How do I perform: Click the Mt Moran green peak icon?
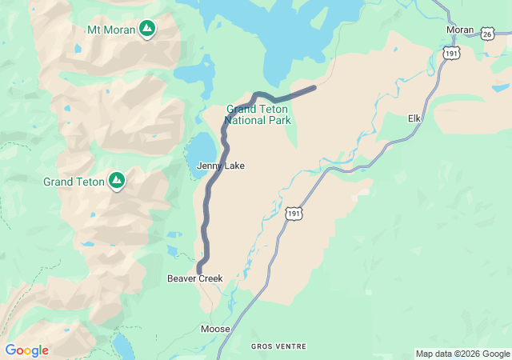147,30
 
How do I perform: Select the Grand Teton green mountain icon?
117,181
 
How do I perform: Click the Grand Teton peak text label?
74,182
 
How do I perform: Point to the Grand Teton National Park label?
257,114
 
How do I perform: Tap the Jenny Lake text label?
221,166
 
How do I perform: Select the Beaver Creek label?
194,278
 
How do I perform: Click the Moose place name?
215,329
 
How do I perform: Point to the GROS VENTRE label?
276,346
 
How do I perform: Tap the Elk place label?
414,118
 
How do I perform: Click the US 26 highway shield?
487,34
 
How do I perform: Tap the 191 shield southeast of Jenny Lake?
294,214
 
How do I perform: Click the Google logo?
26,350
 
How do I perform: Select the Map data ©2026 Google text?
462,354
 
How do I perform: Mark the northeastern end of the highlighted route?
314,87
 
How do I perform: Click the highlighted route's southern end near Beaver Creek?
199,270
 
